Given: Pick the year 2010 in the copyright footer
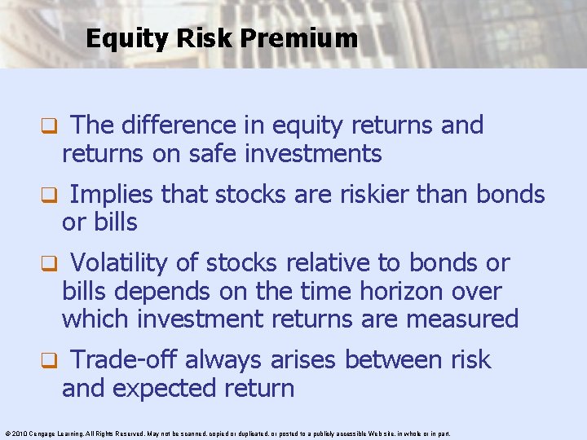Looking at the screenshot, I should (17, 433).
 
